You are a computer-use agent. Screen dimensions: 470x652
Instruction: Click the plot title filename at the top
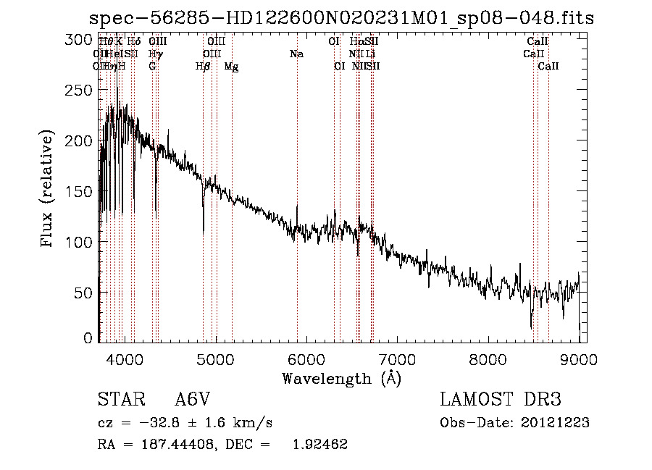coord(341,18)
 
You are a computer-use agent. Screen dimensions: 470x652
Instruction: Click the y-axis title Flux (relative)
coord(49,190)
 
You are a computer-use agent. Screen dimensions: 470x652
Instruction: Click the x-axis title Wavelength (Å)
coord(341,378)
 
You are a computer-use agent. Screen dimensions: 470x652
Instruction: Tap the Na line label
coord(296,54)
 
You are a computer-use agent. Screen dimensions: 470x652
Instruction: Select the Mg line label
coord(232,67)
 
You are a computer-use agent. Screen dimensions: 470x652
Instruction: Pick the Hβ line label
coord(203,67)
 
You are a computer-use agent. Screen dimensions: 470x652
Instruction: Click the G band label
coord(152,67)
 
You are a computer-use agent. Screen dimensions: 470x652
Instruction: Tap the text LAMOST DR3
coord(500,400)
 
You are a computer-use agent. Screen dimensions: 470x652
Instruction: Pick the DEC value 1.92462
coord(320,445)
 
